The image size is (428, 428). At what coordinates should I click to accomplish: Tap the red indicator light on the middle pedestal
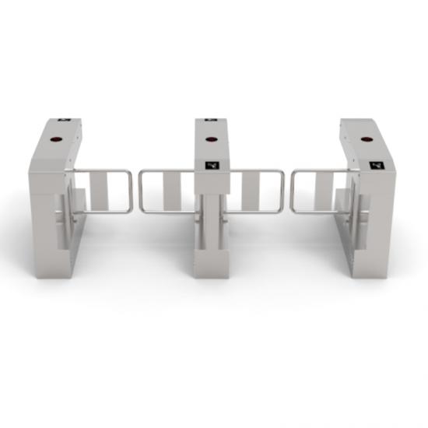pos(211,140)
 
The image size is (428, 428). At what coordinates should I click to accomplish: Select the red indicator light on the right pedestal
pos(366,141)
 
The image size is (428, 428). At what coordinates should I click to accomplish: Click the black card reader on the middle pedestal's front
pos(211,165)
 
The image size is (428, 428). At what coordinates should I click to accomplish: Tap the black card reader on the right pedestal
pos(377,166)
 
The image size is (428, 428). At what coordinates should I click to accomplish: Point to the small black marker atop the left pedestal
pos(64,121)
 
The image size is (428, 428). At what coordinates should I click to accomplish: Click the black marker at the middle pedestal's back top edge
pos(210,120)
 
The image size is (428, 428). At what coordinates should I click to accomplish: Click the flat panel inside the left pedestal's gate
pos(99,191)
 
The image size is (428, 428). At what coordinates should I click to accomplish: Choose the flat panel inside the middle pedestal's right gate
pos(251,191)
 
